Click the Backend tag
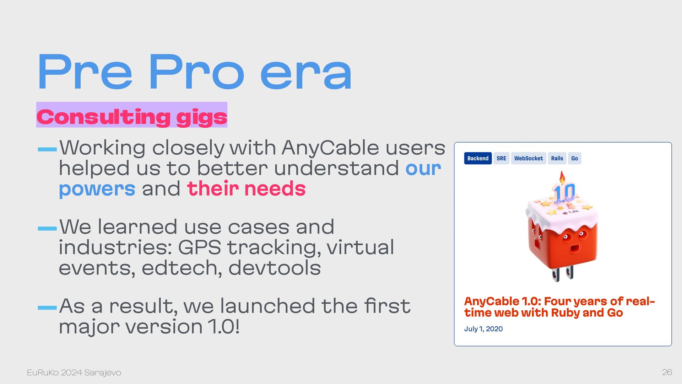click(x=478, y=158)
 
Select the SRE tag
click(x=501, y=158)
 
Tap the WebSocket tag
click(x=529, y=158)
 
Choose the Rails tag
click(x=557, y=158)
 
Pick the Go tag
click(x=574, y=158)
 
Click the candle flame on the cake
click(x=562, y=177)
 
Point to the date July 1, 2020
click(x=483, y=329)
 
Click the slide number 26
click(x=667, y=372)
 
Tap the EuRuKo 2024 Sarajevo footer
click(x=74, y=373)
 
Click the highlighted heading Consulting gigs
click(x=132, y=117)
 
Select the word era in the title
click(x=306, y=73)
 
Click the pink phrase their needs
click(x=246, y=188)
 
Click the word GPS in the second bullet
click(x=199, y=247)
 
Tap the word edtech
click(x=182, y=268)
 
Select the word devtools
click(x=275, y=268)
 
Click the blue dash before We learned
click(x=47, y=229)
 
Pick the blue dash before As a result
click(x=47, y=308)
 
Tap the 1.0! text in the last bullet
click(x=223, y=326)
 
